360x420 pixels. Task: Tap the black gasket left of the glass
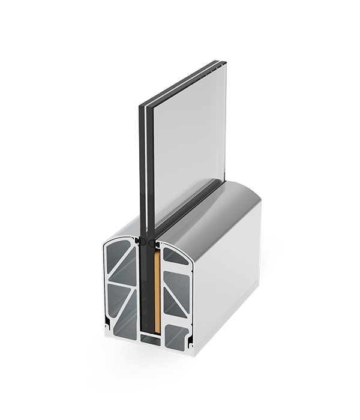[x=139, y=241]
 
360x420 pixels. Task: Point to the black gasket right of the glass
[x=156, y=244]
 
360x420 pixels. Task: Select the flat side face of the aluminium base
[x=228, y=282]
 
